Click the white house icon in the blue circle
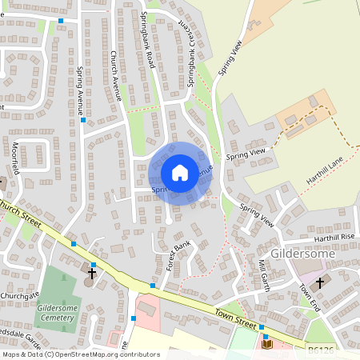coord(180,173)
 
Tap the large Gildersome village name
coord(297,253)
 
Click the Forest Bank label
coord(175,256)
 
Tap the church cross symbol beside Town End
coord(320,283)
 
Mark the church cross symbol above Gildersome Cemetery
coord(91,274)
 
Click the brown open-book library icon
coord(266,345)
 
